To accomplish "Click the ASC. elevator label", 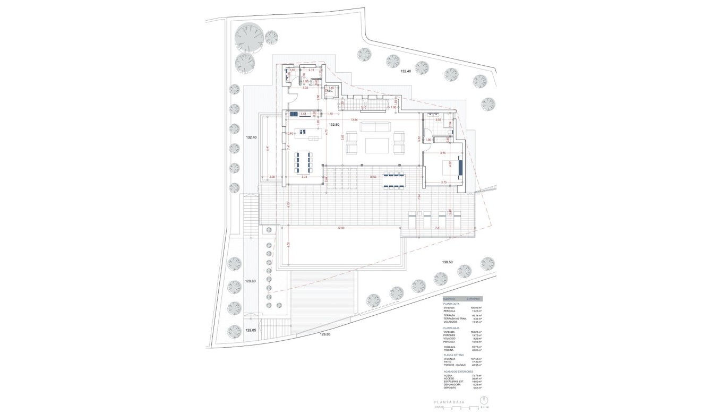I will tap(330, 91).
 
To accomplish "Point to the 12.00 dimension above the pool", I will tap(340, 228).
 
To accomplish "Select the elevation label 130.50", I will tap(448, 262).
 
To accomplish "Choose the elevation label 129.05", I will tap(251, 330).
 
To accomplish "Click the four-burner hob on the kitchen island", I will tap(303, 132).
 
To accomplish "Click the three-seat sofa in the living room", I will tap(375, 126).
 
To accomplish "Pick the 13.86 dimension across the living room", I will tap(354, 120).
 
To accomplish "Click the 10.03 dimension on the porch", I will tap(373, 177).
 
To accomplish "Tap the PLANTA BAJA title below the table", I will tap(449, 403).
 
